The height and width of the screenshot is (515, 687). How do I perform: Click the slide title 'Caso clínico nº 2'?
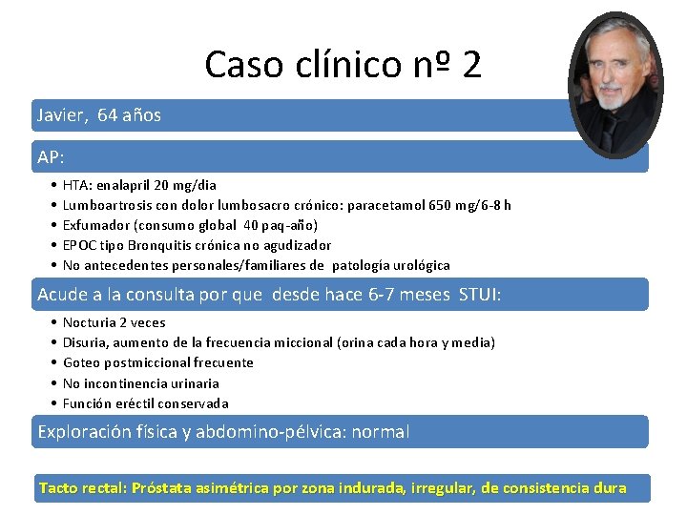pos(343,64)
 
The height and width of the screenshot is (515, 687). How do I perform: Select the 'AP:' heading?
pos(51,156)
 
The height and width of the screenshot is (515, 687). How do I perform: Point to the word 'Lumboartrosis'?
pos(104,205)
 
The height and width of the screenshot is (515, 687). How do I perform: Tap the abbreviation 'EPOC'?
pos(79,245)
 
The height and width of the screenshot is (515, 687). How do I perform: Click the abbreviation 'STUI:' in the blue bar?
pos(480,295)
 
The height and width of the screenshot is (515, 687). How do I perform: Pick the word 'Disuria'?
pos(85,342)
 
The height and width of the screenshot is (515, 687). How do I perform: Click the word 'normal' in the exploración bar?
pos(381,432)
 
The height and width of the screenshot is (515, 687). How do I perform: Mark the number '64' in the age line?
pos(107,115)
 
